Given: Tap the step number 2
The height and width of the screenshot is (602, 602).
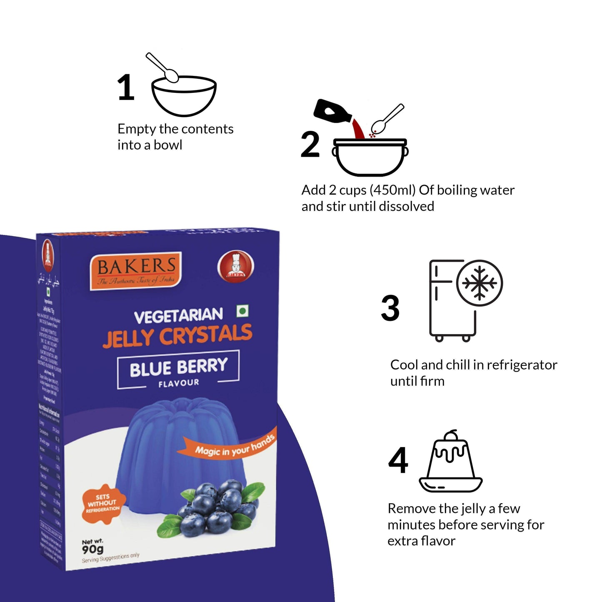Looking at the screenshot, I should point(310,145).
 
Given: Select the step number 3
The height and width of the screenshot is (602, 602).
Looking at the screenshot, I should point(390,308).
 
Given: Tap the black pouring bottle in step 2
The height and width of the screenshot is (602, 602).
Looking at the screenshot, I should point(332,112).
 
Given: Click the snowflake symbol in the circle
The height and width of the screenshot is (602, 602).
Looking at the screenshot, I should point(480,283).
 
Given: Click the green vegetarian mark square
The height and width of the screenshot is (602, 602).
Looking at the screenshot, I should point(242,311).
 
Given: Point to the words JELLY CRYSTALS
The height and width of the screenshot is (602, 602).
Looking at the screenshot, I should point(178,335).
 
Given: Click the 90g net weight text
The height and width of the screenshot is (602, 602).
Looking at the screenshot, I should point(92,550).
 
